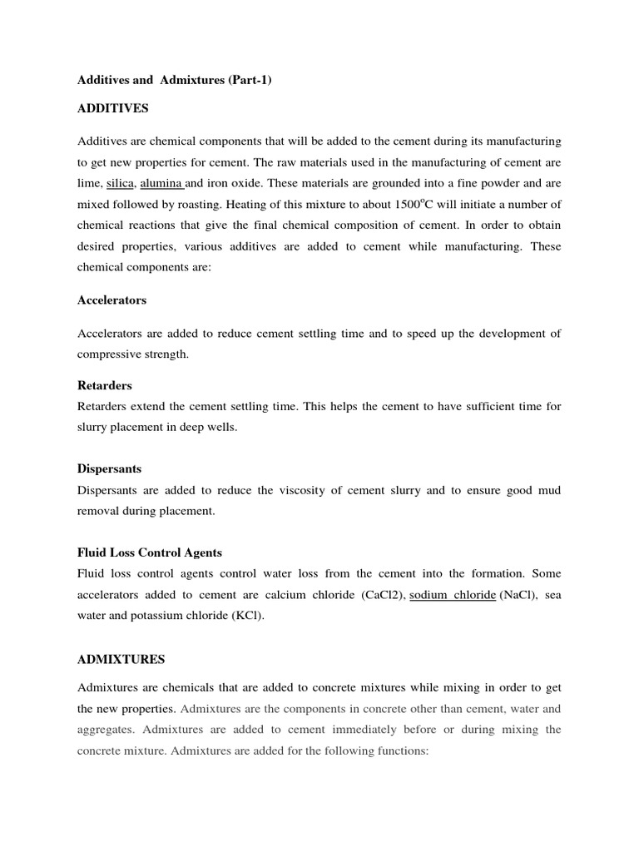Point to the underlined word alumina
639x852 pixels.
(161, 184)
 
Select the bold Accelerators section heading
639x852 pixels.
(111, 300)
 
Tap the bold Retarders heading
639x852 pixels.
(104, 386)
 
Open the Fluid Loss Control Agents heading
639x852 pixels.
(149, 552)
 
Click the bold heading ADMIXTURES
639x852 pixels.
(121, 659)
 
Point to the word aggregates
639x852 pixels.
(107, 729)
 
